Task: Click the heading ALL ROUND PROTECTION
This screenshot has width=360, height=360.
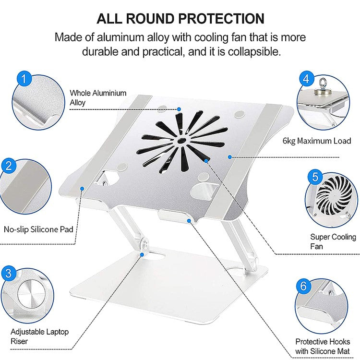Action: click(x=180, y=19)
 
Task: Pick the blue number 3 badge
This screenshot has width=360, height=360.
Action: click(x=8, y=274)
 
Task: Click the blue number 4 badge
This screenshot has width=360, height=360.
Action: click(x=307, y=78)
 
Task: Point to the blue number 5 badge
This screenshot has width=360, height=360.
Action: click(x=314, y=177)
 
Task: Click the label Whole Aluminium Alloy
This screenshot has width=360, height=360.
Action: click(x=98, y=97)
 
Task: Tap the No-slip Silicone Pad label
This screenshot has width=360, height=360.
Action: click(x=38, y=229)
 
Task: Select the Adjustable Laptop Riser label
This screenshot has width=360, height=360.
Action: click(x=39, y=336)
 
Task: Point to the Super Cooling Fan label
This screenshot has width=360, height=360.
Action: click(x=333, y=241)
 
